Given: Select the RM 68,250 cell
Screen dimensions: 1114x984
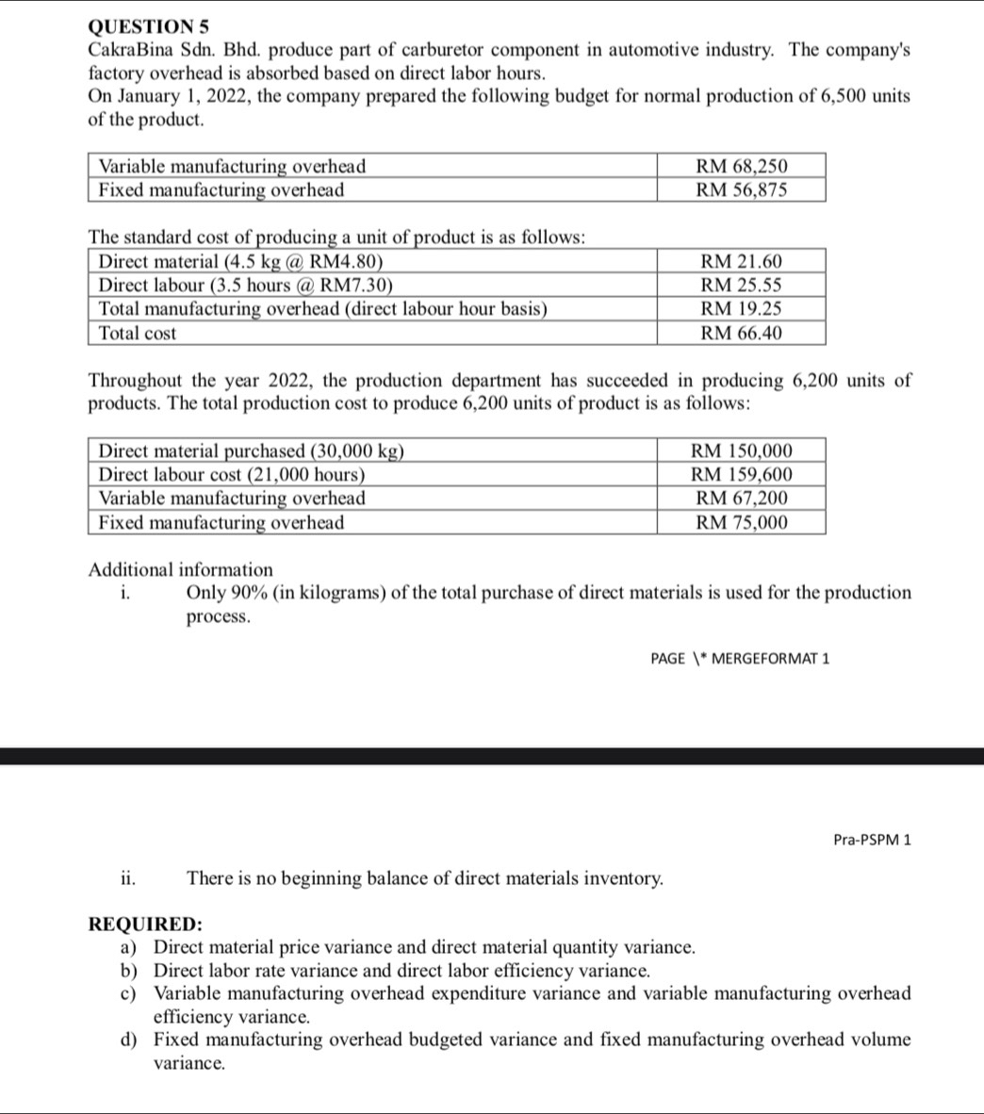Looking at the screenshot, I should click(741, 166).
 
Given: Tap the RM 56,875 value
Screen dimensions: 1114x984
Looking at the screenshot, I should click(741, 189).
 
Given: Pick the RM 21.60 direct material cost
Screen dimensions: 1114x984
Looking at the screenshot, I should click(742, 261).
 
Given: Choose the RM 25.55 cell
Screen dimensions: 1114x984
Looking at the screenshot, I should click(742, 285).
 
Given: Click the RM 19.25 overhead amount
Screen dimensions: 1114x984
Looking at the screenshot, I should click(742, 308).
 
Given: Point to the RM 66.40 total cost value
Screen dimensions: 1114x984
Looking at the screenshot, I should click(742, 333).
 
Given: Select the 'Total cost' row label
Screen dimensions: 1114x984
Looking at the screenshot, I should click(138, 333).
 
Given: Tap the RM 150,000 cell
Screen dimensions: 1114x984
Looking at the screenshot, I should click(742, 451).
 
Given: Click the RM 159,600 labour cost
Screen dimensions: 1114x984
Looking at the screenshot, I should click(742, 474).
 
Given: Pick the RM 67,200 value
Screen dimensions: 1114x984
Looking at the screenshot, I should click(742, 498).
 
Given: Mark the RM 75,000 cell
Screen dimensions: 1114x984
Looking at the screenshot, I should click(742, 522).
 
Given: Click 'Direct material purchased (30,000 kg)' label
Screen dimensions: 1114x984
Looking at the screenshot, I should click(252, 451).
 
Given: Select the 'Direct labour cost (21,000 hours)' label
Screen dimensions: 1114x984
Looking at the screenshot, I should click(232, 474).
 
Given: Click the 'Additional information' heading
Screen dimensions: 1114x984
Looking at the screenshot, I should click(180, 569).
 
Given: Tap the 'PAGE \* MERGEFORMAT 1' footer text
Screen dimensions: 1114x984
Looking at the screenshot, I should click(740, 658).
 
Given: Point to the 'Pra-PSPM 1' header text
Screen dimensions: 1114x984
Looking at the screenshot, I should click(873, 839).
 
